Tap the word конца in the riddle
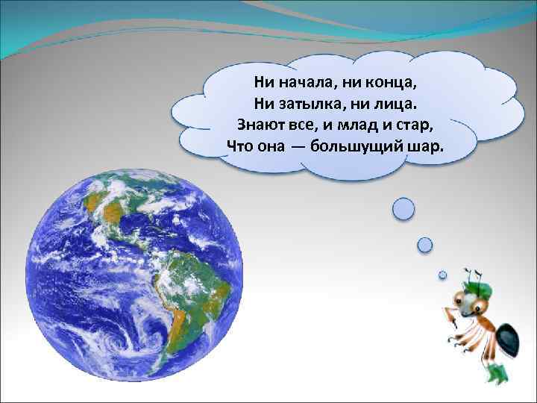pyautogui.click(x=407, y=80)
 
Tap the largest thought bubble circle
pyautogui.click(x=403, y=209)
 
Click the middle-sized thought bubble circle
pyautogui.click(x=425, y=244)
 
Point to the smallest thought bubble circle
pyautogui.click(x=442, y=275)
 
